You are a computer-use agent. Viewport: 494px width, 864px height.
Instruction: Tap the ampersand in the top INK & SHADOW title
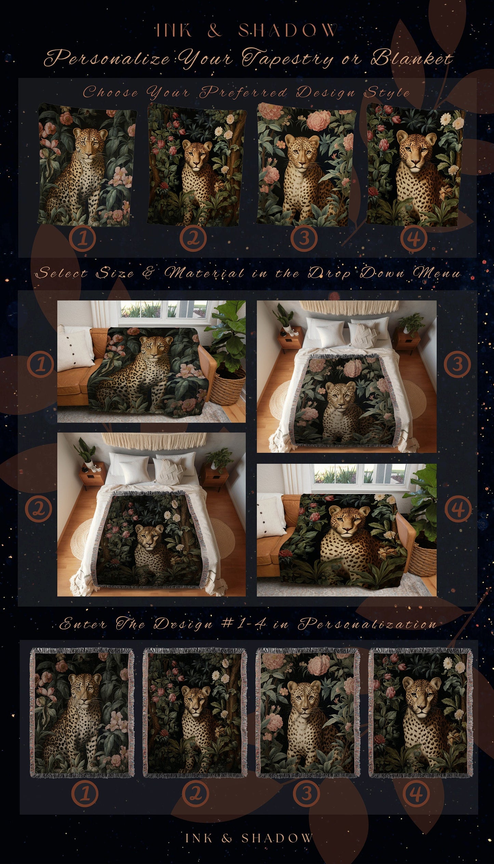[214, 31]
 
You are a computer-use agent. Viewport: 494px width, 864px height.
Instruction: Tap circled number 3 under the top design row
[304, 238]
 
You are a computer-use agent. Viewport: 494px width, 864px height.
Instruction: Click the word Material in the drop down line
[204, 273]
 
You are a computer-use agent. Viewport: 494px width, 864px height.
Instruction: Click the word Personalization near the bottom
[368, 624]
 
